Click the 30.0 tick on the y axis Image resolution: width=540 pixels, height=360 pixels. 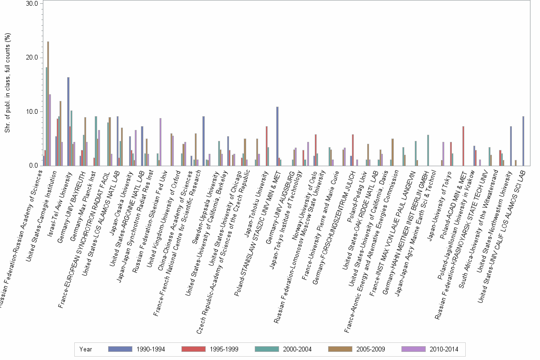pos(32,4)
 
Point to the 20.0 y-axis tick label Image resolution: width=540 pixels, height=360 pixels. pos(32,58)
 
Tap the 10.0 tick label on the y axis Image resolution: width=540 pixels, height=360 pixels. pos(32,112)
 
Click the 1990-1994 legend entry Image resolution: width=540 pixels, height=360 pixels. pos(138,349)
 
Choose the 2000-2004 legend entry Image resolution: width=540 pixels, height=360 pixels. pos(284,349)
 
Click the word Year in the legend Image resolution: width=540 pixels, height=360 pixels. pos(86,349)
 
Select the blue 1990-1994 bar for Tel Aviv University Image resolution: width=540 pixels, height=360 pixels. pos(69,121)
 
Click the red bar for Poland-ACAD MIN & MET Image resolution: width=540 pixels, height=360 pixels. pos(463,146)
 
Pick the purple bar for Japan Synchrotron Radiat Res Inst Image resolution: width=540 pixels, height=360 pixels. pos(160,142)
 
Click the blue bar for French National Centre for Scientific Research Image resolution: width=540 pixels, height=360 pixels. pos(203,141)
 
